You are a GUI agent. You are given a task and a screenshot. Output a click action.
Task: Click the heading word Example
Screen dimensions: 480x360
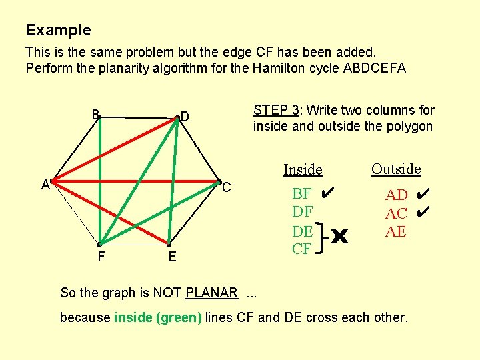(x=58, y=30)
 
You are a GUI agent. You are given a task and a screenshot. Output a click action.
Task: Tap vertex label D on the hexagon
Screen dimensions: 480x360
(x=185, y=118)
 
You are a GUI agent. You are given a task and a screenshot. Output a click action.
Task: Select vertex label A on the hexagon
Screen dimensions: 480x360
(x=45, y=185)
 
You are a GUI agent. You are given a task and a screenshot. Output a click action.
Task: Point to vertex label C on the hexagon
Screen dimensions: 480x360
(x=226, y=188)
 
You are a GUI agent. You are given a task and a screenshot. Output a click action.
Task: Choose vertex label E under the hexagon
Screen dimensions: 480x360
(x=172, y=257)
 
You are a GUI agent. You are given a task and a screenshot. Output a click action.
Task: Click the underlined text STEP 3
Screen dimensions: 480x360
(x=275, y=111)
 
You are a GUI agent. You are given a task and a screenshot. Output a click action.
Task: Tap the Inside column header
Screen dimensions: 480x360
(x=303, y=170)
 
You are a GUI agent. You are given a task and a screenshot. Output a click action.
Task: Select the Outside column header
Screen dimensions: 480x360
(x=396, y=169)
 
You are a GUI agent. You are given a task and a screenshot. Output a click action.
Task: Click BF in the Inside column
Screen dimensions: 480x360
(x=301, y=194)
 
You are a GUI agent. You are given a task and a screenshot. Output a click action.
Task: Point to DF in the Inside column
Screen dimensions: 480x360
(x=302, y=213)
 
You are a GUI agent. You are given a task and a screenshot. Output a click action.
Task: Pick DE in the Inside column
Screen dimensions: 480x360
(x=302, y=231)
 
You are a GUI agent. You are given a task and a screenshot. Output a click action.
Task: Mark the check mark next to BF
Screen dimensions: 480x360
(x=326, y=193)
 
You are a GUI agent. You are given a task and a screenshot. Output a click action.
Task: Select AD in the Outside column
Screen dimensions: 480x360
(x=396, y=195)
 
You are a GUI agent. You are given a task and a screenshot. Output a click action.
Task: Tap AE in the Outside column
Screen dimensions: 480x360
(x=395, y=231)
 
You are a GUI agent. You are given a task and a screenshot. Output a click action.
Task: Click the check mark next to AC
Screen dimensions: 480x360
(x=421, y=213)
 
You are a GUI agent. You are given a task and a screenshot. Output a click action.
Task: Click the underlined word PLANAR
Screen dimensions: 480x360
(x=211, y=293)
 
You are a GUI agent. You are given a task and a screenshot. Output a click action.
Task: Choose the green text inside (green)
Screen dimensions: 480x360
(x=157, y=317)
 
